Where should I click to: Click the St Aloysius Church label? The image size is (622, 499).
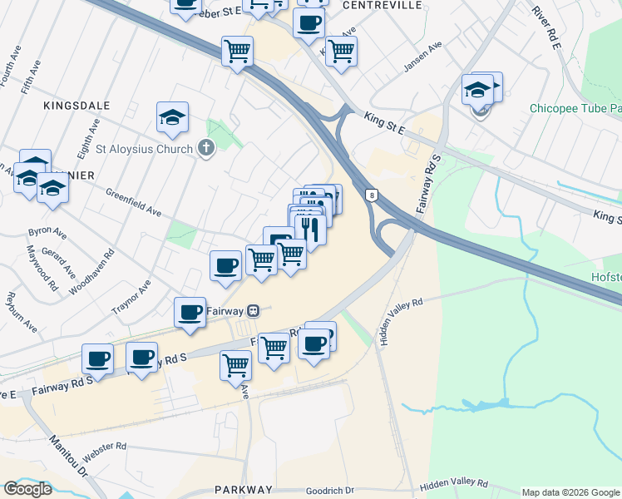click(146, 150)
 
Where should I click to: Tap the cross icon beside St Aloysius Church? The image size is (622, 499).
click(205, 149)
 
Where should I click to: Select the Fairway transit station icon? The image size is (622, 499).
click(254, 311)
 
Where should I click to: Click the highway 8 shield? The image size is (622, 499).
click(370, 195)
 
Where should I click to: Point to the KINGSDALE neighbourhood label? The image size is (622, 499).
click(66, 106)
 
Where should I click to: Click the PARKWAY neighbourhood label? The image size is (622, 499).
click(243, 490)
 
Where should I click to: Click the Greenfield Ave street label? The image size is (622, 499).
click(133, 202)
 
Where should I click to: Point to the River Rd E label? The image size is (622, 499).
click(547, 27)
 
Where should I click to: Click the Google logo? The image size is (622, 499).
click(27, 489)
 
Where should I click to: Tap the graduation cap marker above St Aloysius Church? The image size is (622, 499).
click(172, 117)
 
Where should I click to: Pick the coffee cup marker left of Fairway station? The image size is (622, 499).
click(190, 313)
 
